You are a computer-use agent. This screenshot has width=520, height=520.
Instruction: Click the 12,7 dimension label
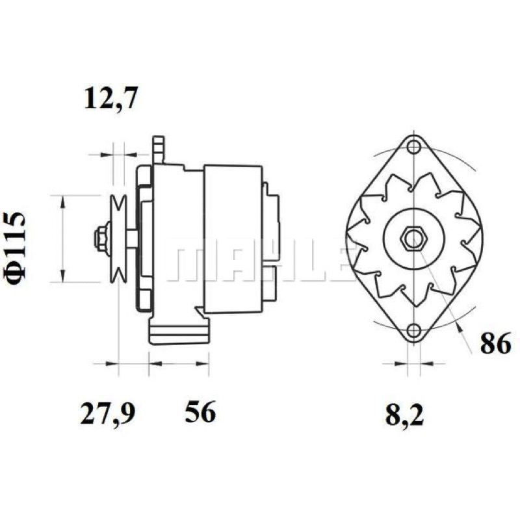click(110, 99)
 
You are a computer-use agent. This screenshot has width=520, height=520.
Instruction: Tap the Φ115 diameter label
click(15, 249)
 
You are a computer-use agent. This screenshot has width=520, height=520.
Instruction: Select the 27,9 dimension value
click(108, 412)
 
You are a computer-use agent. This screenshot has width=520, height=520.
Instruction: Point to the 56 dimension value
click(200, 411)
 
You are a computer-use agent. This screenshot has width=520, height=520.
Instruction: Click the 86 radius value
click(495, 344)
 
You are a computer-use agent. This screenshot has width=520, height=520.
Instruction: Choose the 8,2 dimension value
click(405, 414)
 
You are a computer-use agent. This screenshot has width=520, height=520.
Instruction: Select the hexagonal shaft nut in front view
click(413, 238)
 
